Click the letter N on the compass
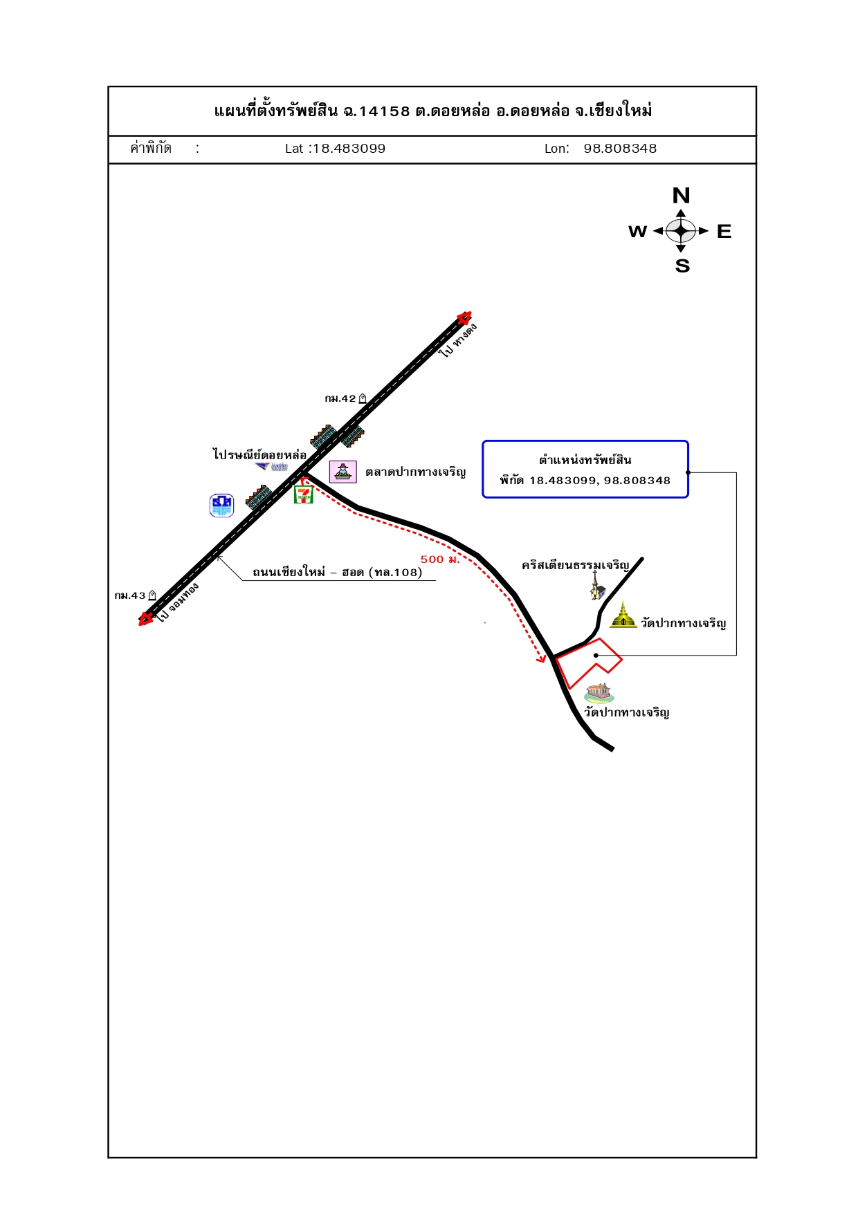point(681,196)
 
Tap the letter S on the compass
point(682,266)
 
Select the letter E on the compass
point(724,232)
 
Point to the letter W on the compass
point(637,232)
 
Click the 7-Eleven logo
point(304,494)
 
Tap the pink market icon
point(343,472)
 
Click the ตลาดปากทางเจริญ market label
point(415,472)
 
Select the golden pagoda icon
point(623,615)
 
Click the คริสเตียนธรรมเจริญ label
point(576,566)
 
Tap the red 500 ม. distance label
point(440,559)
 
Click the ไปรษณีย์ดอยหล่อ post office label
point(259,454)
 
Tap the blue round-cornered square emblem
point(222,506)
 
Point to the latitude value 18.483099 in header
point(349,149)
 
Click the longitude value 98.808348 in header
point(620,149)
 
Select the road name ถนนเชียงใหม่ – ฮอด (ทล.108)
point(338,572)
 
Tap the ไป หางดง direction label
point(459,340)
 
